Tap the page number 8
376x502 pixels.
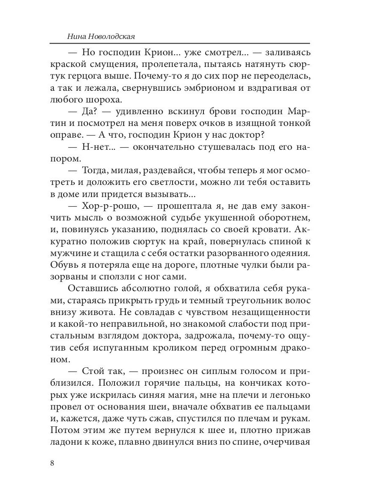pos(52,463)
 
